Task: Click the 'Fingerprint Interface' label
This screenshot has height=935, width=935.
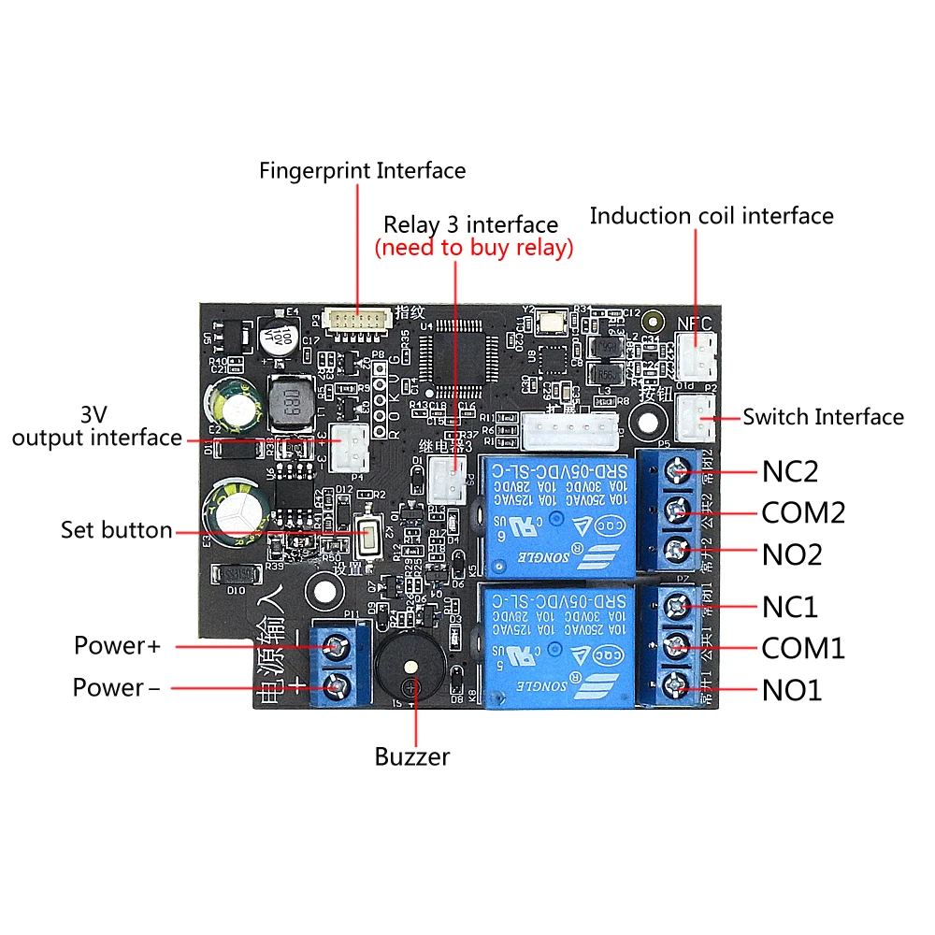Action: pos(362,171)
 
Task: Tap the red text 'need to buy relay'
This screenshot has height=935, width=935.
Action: pos(473,249)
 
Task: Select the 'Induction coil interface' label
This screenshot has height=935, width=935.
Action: pos(711,216)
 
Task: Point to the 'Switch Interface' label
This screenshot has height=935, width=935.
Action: pos(823,417)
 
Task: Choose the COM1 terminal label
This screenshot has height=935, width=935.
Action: pos(803,648)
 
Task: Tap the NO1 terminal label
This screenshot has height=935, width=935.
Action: pos(791,691)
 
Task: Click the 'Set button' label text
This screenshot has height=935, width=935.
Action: pos(117,530)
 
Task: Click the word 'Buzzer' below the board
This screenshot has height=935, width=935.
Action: pos(412,756)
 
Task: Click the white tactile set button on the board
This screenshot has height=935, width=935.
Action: pos(368,536)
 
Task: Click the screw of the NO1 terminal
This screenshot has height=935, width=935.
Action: pos(674,690)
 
